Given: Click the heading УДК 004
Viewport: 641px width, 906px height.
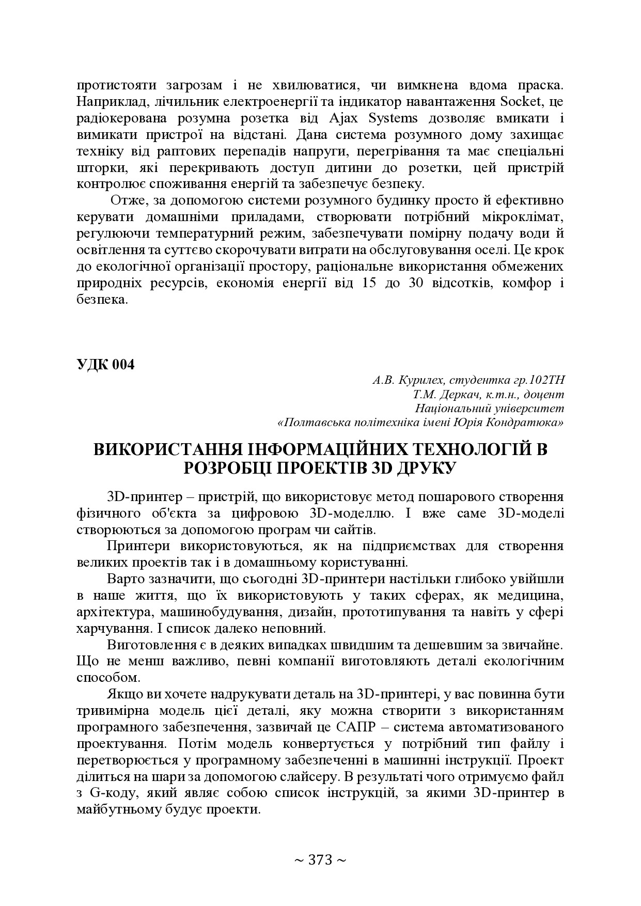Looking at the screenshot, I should [105, 365].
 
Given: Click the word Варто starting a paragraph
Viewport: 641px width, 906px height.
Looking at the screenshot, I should [124, 579].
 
